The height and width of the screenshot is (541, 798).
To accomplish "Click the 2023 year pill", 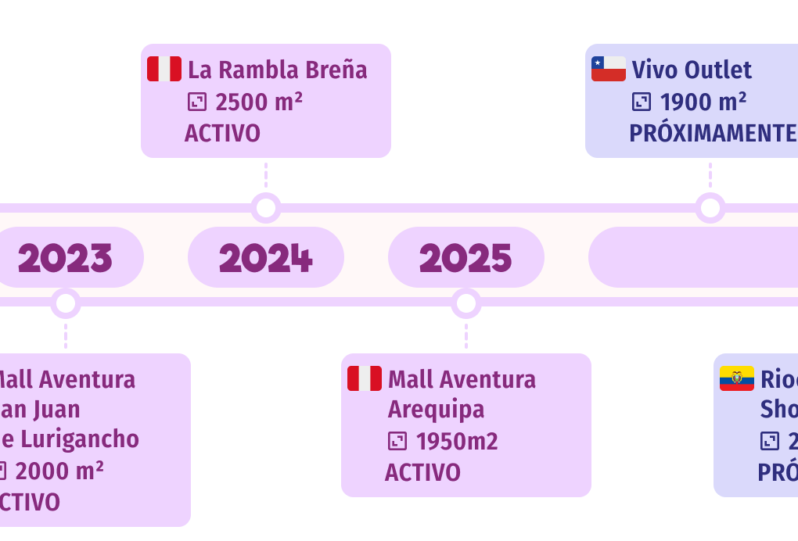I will point(65,257).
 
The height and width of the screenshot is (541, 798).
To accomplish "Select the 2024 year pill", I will point(266,257).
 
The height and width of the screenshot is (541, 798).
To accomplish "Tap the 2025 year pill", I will point(466,257).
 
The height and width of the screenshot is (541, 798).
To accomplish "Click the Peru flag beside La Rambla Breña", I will point(164,69).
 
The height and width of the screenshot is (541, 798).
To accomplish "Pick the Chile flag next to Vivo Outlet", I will point(609,69).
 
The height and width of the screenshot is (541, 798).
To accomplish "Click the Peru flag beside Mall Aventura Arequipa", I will point(365,378).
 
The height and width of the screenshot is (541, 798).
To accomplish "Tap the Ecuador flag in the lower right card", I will point(737,378).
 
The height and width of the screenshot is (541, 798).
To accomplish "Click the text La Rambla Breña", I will point(277,70).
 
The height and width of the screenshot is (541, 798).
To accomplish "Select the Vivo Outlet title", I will point(692,70).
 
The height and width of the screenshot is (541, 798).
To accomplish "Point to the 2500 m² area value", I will point(258,102).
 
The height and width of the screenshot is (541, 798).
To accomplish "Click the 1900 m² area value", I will point(703,102).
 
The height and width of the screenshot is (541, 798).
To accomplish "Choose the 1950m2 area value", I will point(457,442).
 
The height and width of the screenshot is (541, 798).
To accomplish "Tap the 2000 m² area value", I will point(59,471).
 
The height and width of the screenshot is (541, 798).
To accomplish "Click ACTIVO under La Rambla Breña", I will point(222,133).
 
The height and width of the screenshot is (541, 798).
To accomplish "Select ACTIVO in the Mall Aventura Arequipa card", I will point(422,472).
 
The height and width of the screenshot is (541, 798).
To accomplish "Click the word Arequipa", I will point(436,410).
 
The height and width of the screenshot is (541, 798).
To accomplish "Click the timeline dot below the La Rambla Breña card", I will point(266,208).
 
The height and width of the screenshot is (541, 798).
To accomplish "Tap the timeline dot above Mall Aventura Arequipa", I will point(466,303).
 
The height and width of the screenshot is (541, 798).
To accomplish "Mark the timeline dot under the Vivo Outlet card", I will point(710,208).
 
